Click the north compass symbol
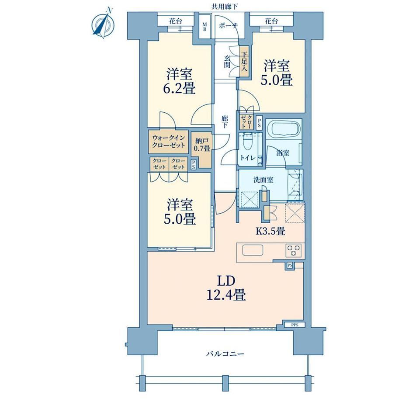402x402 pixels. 103,24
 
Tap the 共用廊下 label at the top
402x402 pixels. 224,7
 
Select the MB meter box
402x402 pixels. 205,26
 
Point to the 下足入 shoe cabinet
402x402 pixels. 244,62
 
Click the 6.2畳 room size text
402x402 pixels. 179,89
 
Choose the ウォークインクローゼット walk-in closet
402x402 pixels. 168,142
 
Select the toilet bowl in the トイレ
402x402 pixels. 247,143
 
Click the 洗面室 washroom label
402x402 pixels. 263,180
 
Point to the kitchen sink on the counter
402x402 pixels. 253,250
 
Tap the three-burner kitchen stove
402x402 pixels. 294,250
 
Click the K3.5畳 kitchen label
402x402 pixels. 270,232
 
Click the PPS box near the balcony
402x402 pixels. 295,325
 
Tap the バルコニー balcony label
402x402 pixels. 225,354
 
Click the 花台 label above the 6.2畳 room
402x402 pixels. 176,21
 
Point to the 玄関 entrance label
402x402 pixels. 227,62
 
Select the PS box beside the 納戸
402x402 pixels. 193,164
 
